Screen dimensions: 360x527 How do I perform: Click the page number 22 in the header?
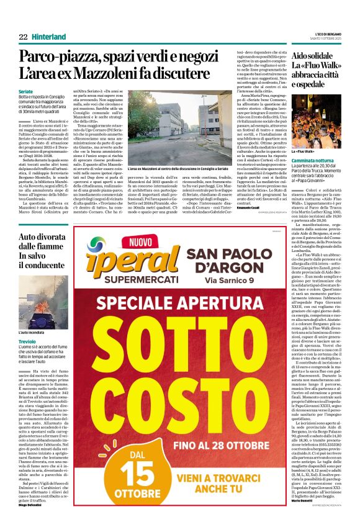coord(22,37)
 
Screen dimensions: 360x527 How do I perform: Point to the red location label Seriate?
coord(27,91)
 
